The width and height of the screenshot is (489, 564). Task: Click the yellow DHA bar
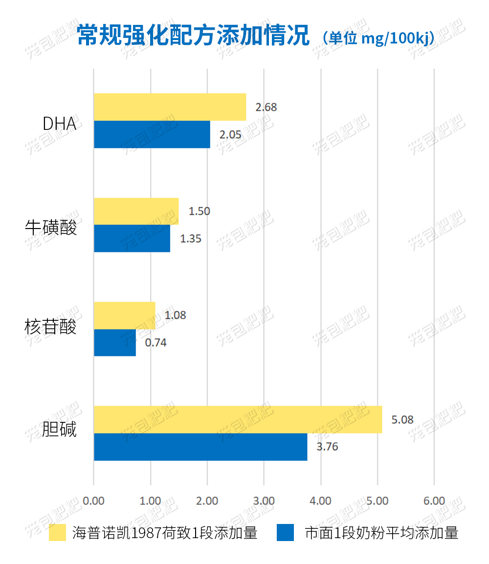[170, 107]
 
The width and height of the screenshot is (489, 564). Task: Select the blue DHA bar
[152, 134]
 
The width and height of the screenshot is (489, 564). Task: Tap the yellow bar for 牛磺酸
[136, 211]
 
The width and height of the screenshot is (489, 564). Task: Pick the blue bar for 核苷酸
[114, 342]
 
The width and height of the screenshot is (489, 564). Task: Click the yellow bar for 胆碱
[238, 419]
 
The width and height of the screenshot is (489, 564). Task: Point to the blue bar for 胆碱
[200, 447]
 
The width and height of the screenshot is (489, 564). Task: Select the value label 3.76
[327, 447]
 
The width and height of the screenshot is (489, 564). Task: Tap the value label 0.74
[156, 343]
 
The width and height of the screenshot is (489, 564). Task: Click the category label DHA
[60, 124]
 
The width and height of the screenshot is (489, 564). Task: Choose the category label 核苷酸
[51, 326]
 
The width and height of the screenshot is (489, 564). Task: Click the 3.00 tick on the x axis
[264, 501]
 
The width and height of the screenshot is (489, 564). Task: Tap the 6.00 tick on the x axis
[434, 501]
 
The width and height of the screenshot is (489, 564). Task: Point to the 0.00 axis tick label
[94, 501]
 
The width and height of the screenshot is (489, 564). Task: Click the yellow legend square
[57, 532]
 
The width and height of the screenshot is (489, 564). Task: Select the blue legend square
[286, 532]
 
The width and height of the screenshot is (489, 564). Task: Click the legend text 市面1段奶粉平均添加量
[381, 532]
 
